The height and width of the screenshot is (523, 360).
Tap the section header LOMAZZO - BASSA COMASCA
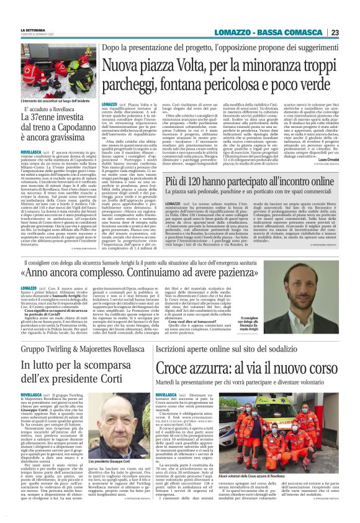pyautogui.click(x=267, y=32)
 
